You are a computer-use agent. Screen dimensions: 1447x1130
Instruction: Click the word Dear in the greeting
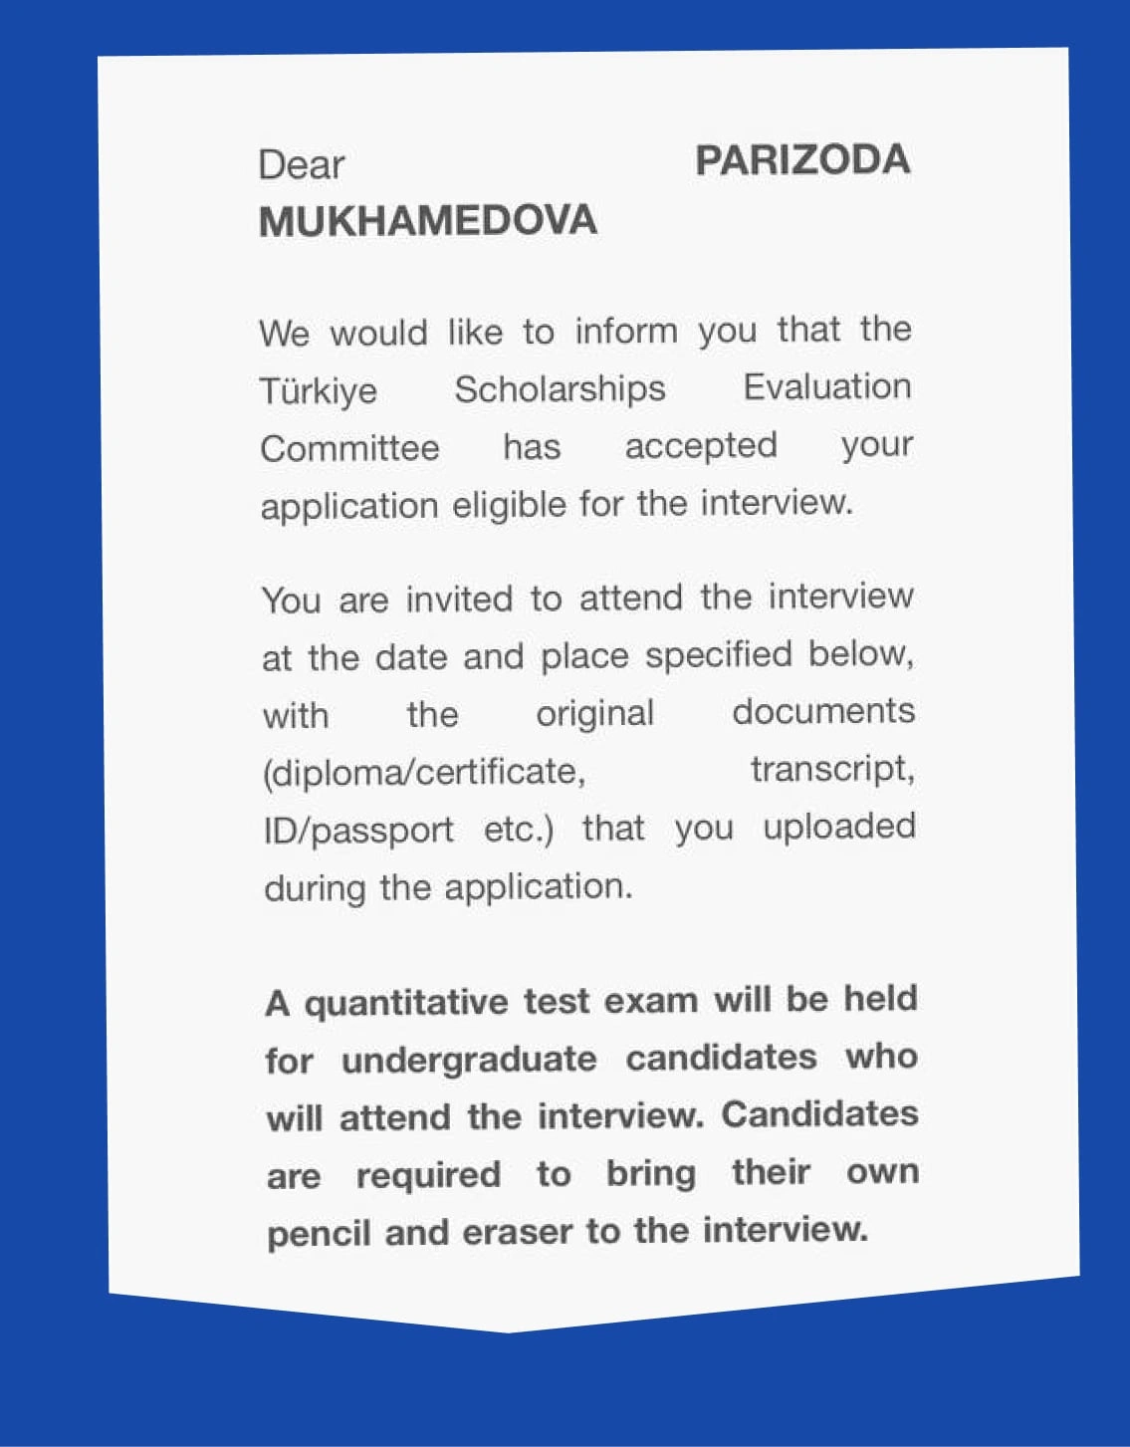pyautogui.click(x=301, y=165)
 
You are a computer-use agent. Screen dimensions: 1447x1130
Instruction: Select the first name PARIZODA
pyautogui.click(x=802, y=160)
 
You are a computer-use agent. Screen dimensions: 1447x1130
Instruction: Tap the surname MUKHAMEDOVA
pyautogui.click(x=428, y=221)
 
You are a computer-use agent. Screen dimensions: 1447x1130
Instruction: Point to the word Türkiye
pyautogui.click(x=319, y=390)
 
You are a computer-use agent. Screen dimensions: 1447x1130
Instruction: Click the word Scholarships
pyautogui.click(x=560, y=388)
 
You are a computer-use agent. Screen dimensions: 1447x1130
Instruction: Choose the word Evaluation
pyautogui.click(x=826, y=386)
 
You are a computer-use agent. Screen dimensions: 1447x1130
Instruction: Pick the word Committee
pyautogui.click(x=349, y=448)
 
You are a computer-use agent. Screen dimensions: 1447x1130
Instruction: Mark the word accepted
pyautogui.click(x=700, y=446)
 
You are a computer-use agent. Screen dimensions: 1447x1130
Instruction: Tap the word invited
pyautogui.click(x=459, y=600)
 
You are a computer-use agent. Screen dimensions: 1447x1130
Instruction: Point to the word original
pyautogui.click(x=594, y=714)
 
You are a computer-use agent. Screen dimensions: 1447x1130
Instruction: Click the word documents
pyautogui.click(x=823, y=711)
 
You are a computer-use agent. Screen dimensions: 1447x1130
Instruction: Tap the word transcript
pyautogui.click(x=831, y=769)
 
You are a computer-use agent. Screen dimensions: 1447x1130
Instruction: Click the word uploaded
pyautogui.click(x=838, y=827)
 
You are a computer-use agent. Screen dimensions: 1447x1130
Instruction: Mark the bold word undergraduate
pyautogui.click(x=469, y=1060)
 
